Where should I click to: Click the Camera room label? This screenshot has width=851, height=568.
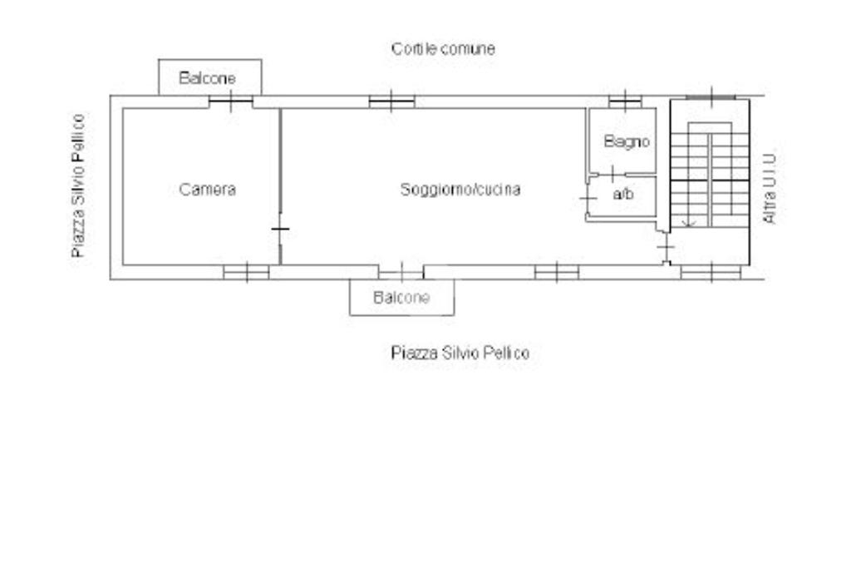(208, 190)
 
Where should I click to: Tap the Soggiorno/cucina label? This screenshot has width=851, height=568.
(460, 190)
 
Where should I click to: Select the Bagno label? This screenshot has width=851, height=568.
(627, 142)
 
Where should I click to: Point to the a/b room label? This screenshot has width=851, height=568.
(622, 195)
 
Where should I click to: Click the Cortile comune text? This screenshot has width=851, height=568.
(443, 49)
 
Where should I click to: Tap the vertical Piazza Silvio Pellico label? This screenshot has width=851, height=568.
(79, 185)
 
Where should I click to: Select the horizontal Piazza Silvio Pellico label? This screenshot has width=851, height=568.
(460, 353)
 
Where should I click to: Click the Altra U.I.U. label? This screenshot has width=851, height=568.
(770, 186)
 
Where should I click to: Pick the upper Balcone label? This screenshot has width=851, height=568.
(207, 78)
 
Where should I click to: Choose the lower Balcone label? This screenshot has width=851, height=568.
(401, 298)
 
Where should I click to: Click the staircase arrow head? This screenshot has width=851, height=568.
(687, 222)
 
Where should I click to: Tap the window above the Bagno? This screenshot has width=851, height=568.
(625, 101)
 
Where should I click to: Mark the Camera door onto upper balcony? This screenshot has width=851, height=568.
(230, 101)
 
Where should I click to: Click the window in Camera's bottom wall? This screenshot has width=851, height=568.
(246, 271)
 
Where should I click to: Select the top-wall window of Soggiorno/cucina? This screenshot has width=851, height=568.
(391, 101)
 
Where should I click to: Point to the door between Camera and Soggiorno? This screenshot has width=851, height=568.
(280, 229)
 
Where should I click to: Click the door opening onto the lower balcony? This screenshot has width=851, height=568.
(401, 271)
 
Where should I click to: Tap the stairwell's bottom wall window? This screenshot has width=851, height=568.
(711, 271)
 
